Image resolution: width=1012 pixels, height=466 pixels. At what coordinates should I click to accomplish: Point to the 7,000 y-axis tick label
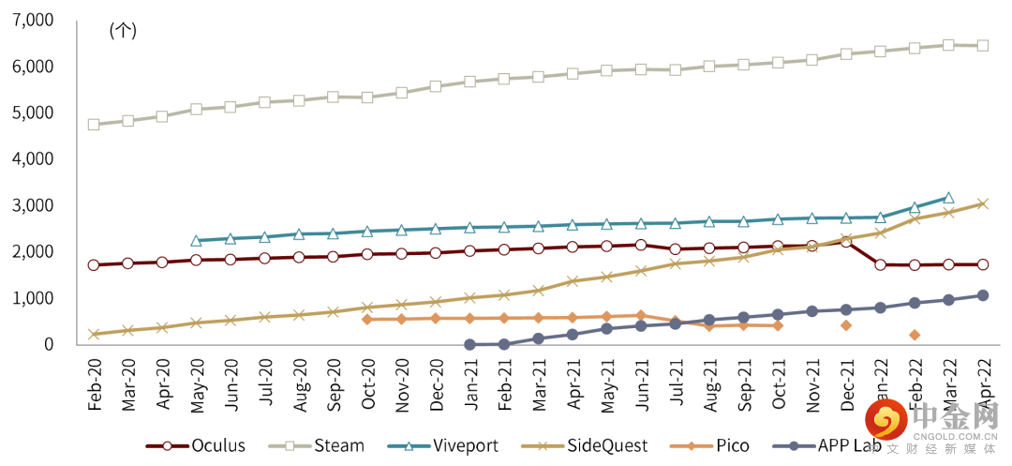pyautogui.click(x=32, y=20)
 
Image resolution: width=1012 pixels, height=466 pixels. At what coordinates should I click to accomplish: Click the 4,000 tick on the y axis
pyautogui.click(x=32, y=158)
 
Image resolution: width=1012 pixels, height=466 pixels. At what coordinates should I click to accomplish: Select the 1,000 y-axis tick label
pyautogui.click(x=32, y=298)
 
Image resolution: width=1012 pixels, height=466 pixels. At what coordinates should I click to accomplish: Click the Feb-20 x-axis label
pyautogui.click(x=94, y=383)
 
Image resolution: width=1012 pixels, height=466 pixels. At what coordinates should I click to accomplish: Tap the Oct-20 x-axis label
pyautogui.click(x=367, y=383)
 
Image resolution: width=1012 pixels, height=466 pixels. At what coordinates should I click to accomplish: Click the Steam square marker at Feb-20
pyautogui.click(x=94, y=124)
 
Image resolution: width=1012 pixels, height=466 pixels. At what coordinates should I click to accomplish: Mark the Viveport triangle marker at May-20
pyautogui.click(x=196, y=241)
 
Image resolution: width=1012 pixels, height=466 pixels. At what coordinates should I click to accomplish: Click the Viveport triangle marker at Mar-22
pyautogui.click(x=948, y=198)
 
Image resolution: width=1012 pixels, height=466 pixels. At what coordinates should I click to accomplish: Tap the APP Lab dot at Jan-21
pyautogui.click(x=469, y=344)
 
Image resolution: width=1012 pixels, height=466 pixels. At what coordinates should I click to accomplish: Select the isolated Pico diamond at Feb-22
pyautogui.click(x=915, y=335)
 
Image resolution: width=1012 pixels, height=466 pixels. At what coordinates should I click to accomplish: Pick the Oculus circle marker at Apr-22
pyautogui.click(x=983, y=264)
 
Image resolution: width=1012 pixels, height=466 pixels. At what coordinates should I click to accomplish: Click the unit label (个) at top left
pyautogui.click(x=123, y=30)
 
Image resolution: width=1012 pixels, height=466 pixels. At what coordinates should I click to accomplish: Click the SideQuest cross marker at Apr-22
pyautogui.click(x=983, y=203)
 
